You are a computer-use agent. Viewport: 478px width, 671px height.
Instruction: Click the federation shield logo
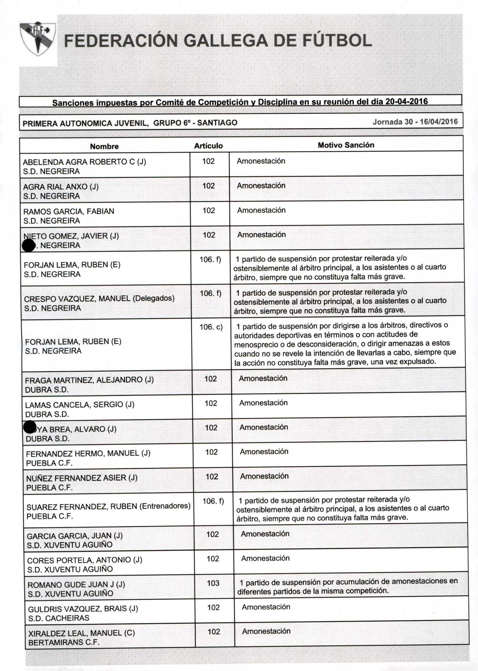point(37,38)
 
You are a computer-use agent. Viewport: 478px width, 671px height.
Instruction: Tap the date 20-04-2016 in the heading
point(406,102)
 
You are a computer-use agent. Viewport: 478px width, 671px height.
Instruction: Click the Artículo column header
point(208,146)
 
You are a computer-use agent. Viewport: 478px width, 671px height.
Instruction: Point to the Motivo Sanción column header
point(346,145)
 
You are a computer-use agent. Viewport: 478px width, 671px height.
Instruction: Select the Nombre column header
point(104,146)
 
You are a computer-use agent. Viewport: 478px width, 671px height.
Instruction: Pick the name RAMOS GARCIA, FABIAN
point(69,211)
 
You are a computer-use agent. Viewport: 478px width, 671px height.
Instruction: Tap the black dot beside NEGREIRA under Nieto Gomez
point(28,245)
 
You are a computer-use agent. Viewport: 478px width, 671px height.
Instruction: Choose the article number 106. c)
point(211,327)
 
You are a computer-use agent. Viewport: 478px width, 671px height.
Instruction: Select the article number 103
point(213,583)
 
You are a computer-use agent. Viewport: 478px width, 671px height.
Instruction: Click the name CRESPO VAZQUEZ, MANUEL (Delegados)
point(99,299)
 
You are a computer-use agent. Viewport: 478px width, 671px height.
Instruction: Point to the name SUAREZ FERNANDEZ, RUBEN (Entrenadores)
point(108,506)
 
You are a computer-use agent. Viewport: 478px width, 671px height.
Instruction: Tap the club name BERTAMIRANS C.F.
point(64,643)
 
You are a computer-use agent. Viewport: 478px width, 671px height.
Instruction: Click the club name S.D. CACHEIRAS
point(59,618)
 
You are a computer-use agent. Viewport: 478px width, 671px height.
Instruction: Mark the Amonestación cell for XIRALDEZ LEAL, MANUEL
point(266,631)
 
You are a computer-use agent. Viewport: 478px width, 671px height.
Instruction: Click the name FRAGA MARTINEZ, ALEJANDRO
point(89,380)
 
